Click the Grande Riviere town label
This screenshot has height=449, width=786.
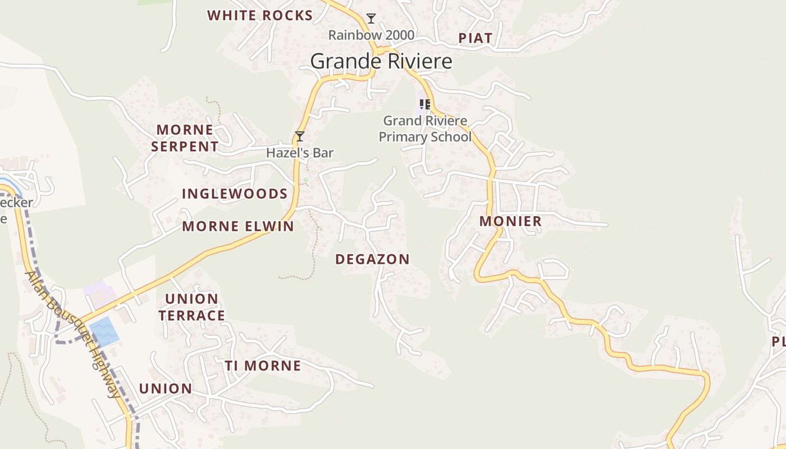point(381,61)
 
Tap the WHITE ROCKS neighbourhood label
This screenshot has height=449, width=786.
point(260,16)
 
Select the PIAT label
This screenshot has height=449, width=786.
point(475,38)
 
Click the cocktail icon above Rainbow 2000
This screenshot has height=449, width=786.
point(371,19)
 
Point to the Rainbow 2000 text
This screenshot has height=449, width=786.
point(371,35)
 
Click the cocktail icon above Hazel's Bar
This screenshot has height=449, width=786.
point(300,136)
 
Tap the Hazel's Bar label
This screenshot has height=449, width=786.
point(300,153)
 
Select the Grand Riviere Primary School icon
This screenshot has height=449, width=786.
point(425,104)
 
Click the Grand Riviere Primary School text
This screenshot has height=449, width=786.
point(425,129)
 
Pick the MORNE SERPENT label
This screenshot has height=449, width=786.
point(187,138)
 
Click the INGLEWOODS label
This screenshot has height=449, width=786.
point(235,194)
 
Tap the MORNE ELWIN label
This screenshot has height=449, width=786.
point(238,227)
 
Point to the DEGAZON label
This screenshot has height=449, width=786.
point(372,259)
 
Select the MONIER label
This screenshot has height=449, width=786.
point(510,222)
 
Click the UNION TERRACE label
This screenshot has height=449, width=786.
point(191,307)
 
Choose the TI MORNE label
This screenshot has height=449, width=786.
point(263,366)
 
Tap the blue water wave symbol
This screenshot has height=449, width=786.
point(104,331)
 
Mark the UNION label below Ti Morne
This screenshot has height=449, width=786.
point(166,388)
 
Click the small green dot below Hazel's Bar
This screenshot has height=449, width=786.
point(305,180)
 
